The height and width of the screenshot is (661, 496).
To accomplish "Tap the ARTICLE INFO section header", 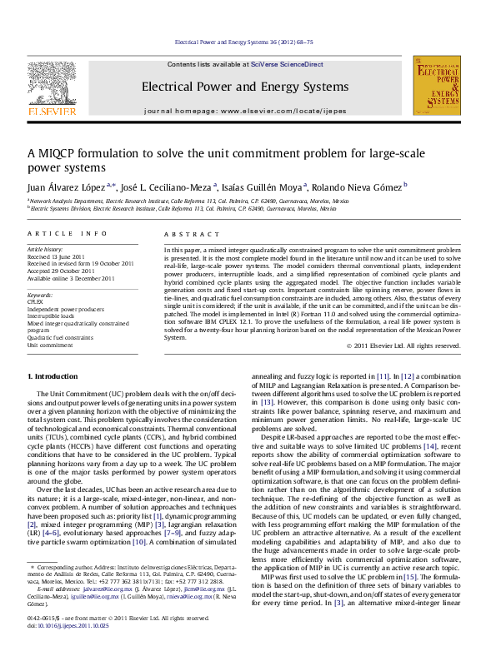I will pyautogui.click(x=67, y=235).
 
